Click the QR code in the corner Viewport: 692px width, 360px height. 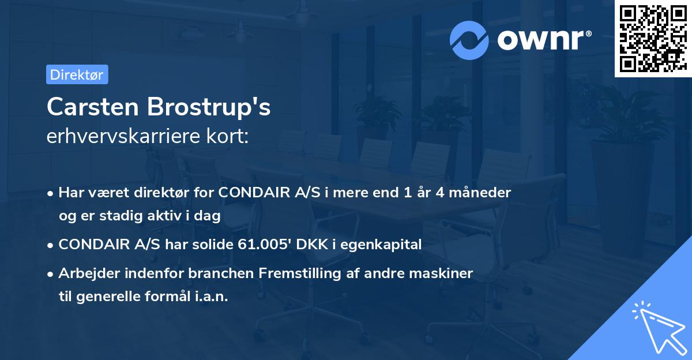pyautogui.click(x=653, y=38)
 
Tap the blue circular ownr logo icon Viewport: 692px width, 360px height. pyautogui.click(x=469, y=40)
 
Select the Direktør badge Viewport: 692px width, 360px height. pyautogui.click(x=77, y=74)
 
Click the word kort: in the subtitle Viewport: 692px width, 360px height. pyautogui.click(x=231, y=136)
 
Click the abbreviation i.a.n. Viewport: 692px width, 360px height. pyautogui.click(x=210, y=297)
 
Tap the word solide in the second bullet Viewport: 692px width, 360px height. pyautogui.click(x=210, y=245)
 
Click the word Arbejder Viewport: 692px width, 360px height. pyautogui.click(x=88, y=273)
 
